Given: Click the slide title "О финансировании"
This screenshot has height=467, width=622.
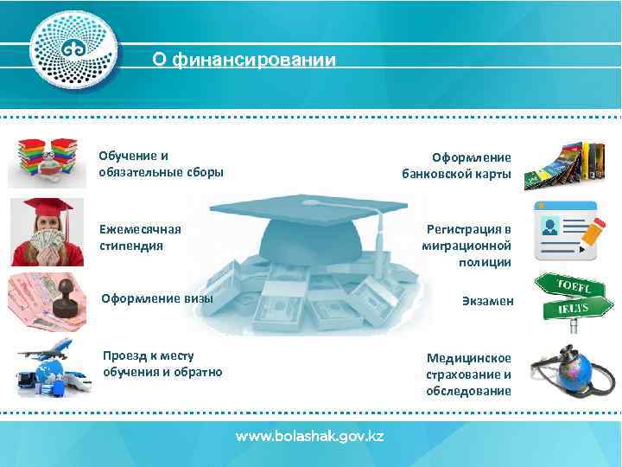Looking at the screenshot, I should (244, 61).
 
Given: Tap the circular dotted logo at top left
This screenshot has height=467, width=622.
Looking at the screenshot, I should (73, 50).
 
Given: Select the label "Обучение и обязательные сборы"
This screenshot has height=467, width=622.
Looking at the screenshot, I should (161, 163).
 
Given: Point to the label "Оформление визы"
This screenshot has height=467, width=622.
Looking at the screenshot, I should (158, 299).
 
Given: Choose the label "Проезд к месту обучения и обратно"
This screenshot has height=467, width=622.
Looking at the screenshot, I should (162, 364).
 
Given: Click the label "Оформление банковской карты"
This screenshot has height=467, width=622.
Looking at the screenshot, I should (457, 166).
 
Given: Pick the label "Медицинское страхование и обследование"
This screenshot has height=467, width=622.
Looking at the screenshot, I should (468, 374).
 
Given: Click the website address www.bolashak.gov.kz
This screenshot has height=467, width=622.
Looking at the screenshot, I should (310, 436).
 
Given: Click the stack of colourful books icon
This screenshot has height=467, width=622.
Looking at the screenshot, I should (48, 161).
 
